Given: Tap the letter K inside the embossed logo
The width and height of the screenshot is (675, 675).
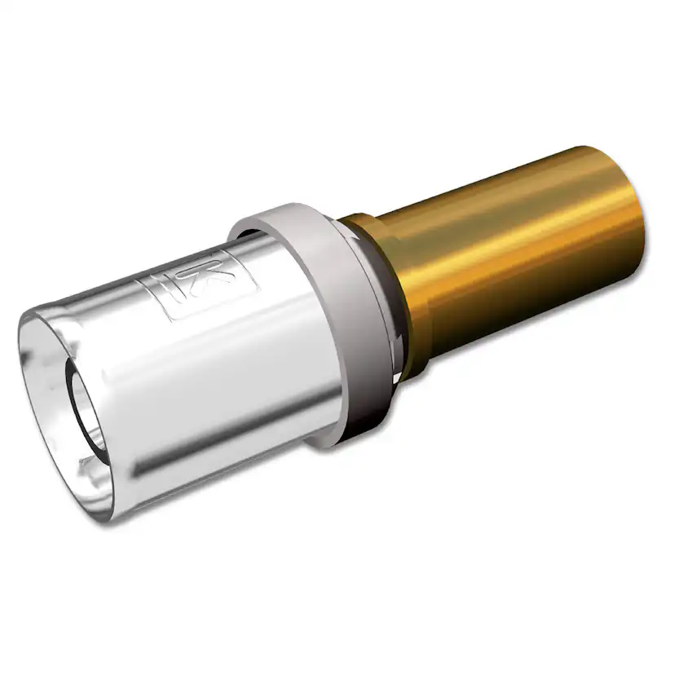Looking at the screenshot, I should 222,277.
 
